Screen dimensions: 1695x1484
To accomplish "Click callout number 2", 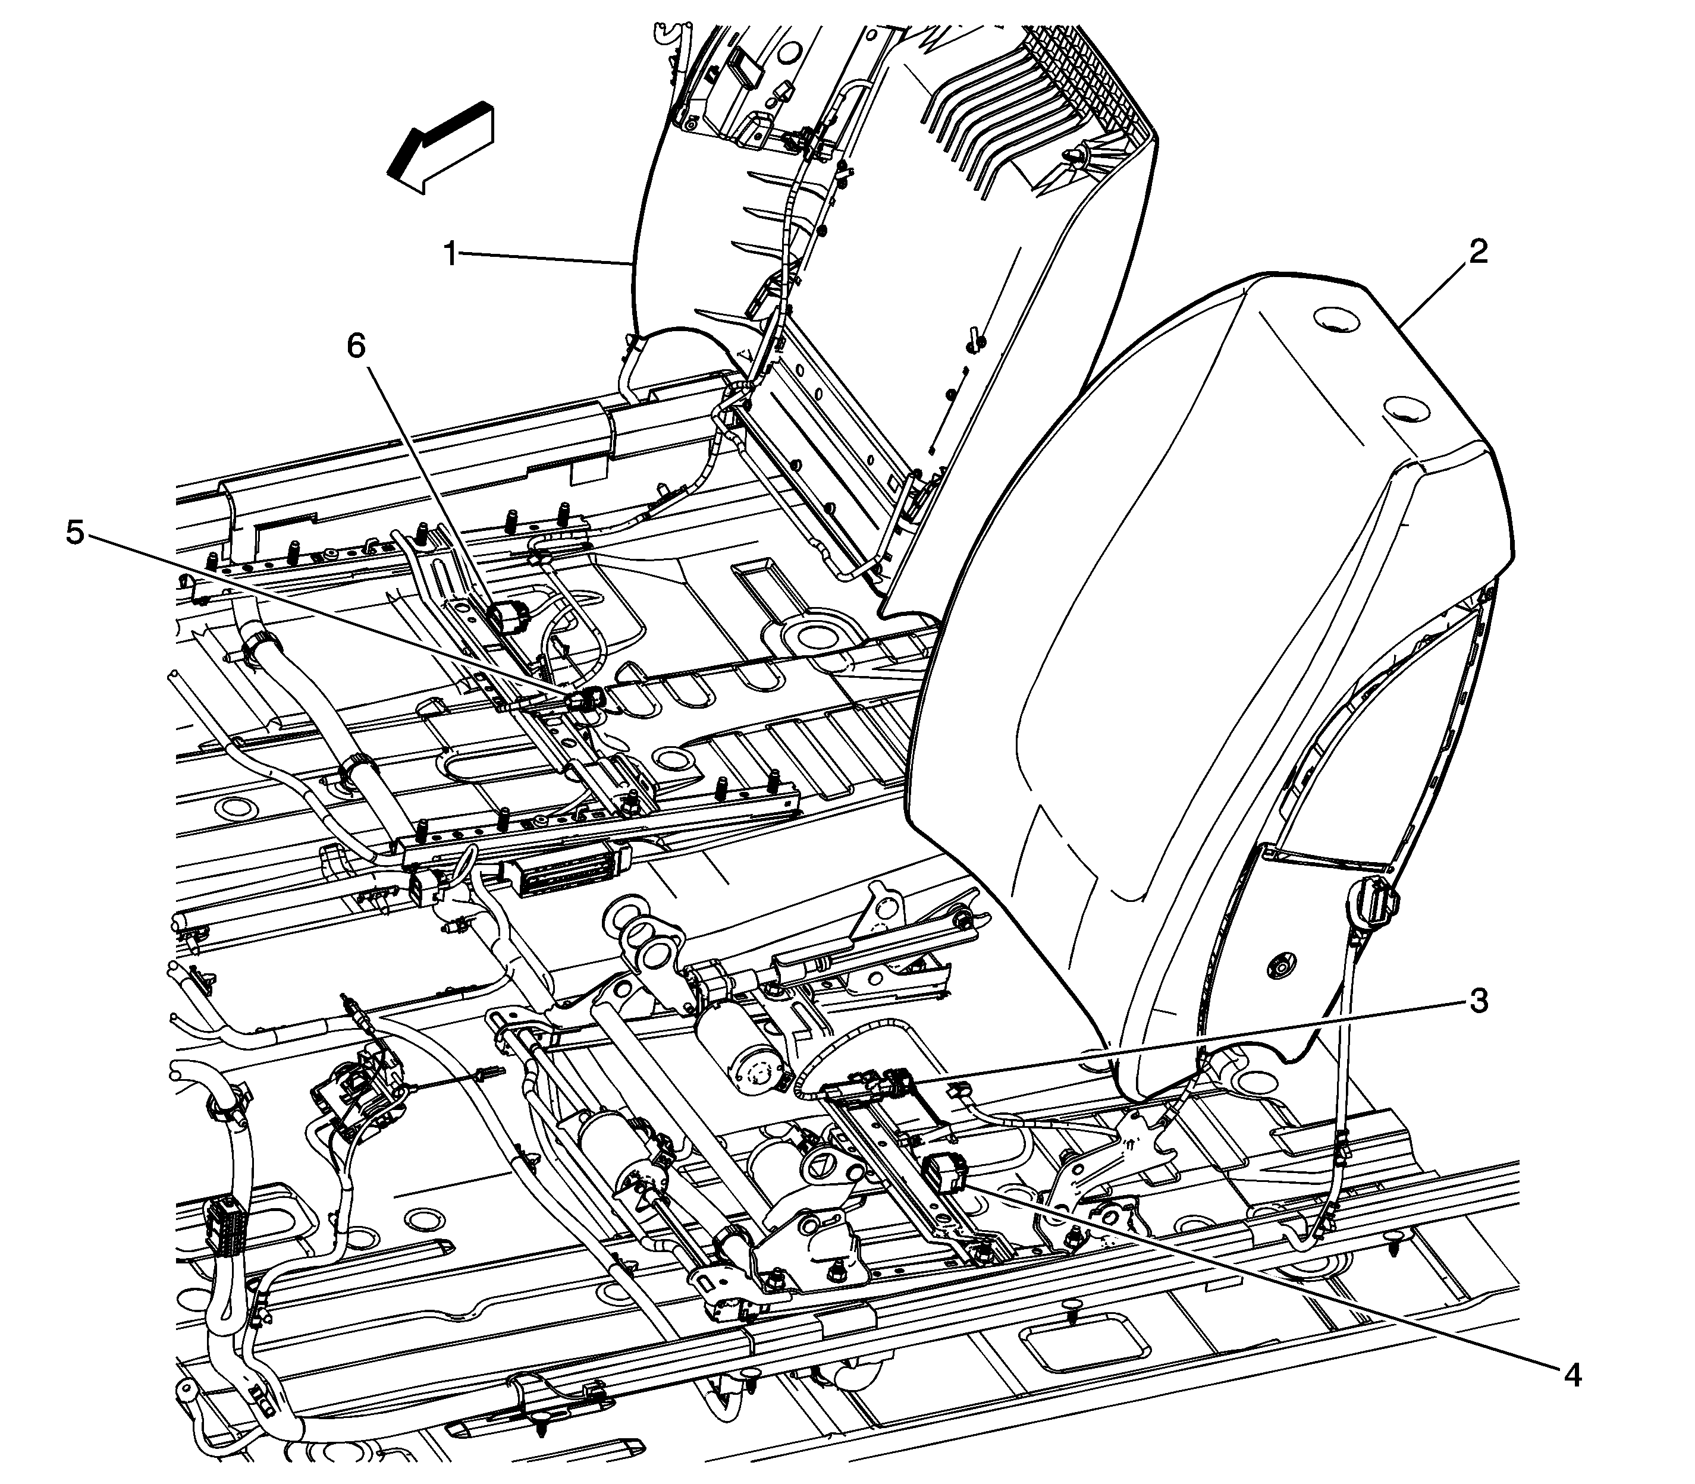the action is (x=1477, y=251).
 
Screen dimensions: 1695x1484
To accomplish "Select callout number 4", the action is (x=1571, y=1376).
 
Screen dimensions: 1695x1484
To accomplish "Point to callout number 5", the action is (x=74, y=533).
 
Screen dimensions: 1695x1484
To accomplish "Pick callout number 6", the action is (x=356, y=346).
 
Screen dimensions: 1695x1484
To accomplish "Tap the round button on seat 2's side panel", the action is (x=1280, y=964).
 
